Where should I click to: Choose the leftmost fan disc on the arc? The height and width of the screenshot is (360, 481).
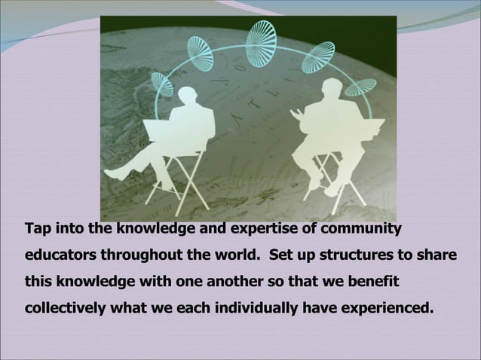point(162,82)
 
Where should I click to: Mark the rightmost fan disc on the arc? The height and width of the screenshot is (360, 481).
point(360,84)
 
